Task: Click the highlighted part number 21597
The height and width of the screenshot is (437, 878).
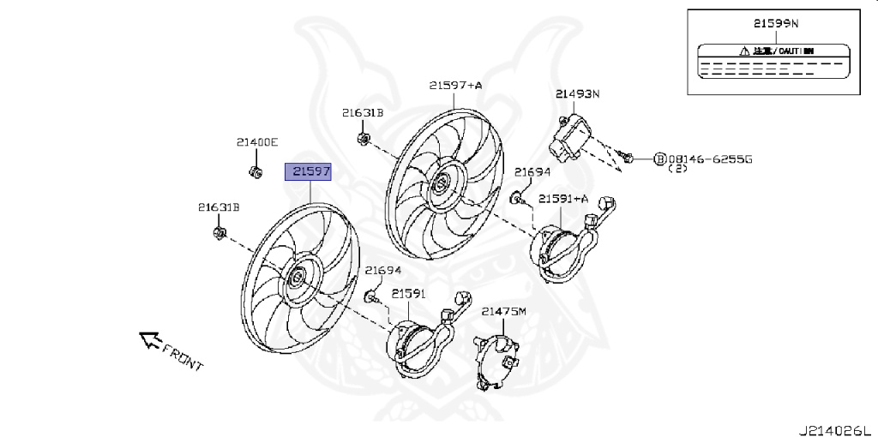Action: coord(310,172)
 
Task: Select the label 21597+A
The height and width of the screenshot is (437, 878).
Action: coord(455,85)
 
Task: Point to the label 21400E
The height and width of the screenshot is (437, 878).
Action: coord(257,142)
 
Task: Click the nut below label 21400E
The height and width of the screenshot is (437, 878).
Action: coord(256,172)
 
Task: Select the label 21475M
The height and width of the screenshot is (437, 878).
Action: coord(502,311)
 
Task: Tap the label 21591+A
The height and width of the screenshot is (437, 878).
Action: coord(563,199)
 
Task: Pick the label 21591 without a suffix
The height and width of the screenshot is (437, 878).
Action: coord(409,293)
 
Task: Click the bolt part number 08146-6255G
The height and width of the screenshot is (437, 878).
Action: coord(709,159)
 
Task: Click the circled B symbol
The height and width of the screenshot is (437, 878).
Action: coord(659,159)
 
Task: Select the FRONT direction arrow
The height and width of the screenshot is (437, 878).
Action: coord(151,341)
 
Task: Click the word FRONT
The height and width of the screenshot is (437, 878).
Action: coord(183,358)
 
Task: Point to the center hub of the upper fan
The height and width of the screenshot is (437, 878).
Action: coord(441,183)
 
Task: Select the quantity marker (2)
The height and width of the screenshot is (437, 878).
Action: coord(677,170)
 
